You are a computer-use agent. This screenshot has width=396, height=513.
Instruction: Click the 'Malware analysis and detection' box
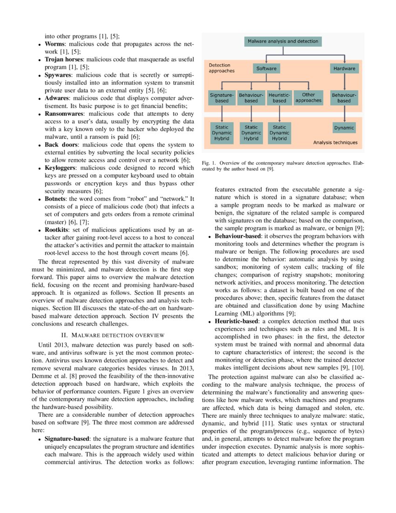coord(283,41)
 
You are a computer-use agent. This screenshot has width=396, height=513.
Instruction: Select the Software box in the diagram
coord(266,69)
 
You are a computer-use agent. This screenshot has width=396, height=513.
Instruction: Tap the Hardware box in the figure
coord(344,69)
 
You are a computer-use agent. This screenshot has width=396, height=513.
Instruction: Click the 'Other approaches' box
coord(308,97)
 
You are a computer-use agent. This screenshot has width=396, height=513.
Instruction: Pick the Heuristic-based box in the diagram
coord(280,97)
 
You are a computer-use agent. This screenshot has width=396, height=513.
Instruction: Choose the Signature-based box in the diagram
coord(222,97)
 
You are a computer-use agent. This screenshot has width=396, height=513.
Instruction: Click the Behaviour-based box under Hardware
coord(344,97)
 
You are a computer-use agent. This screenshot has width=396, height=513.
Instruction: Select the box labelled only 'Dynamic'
coord(344,128)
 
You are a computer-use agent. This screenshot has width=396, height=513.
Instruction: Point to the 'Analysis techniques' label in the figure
coord(335,143)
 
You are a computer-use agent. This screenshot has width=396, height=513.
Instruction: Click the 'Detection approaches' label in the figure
coord(221,68)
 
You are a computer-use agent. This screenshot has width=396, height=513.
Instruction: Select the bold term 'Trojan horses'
coord(64,60)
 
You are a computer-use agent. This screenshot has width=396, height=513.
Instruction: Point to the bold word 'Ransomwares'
coord(64,113)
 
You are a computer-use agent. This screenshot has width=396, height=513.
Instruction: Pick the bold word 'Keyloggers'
coord(61,167)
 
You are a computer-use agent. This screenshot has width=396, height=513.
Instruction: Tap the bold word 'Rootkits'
coord(57,230)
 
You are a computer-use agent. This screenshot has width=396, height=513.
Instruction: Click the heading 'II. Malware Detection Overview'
coord(111,334)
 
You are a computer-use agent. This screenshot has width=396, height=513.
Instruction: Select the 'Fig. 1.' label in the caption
coord(208,163)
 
